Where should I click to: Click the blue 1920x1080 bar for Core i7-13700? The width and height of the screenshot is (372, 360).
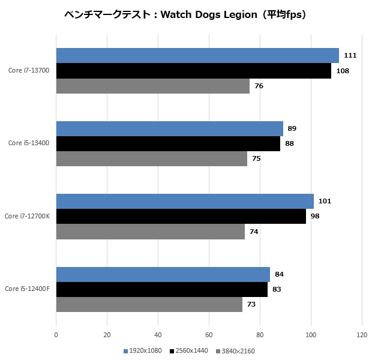pos(197,56)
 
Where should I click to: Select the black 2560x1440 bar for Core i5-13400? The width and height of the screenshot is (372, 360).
pos(168,143)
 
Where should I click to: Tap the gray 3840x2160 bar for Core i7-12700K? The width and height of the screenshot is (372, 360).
pos(150,232)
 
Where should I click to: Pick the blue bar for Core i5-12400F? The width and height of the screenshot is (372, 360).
pos(163,275)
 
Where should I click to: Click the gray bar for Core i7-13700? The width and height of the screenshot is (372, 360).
pos(152,86)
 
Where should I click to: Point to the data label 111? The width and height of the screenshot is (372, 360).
pos(350,56)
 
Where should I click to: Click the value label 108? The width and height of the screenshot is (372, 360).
pos(343,71)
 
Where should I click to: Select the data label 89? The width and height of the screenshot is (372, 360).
pos(292,128)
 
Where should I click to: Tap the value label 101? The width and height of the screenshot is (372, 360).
pos(325,201)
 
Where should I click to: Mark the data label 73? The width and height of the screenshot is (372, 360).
pos(251,305)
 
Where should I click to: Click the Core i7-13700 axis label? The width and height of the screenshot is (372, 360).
pos(29,71)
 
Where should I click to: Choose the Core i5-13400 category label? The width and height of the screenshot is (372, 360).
pos(29,143)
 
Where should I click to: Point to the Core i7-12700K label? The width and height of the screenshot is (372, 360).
pos(27,216)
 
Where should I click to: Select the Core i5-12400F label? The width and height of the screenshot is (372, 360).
pos(27,289)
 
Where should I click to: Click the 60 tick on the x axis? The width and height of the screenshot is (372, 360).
pos(209,334)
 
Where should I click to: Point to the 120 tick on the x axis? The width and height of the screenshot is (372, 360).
pos(361,334)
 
